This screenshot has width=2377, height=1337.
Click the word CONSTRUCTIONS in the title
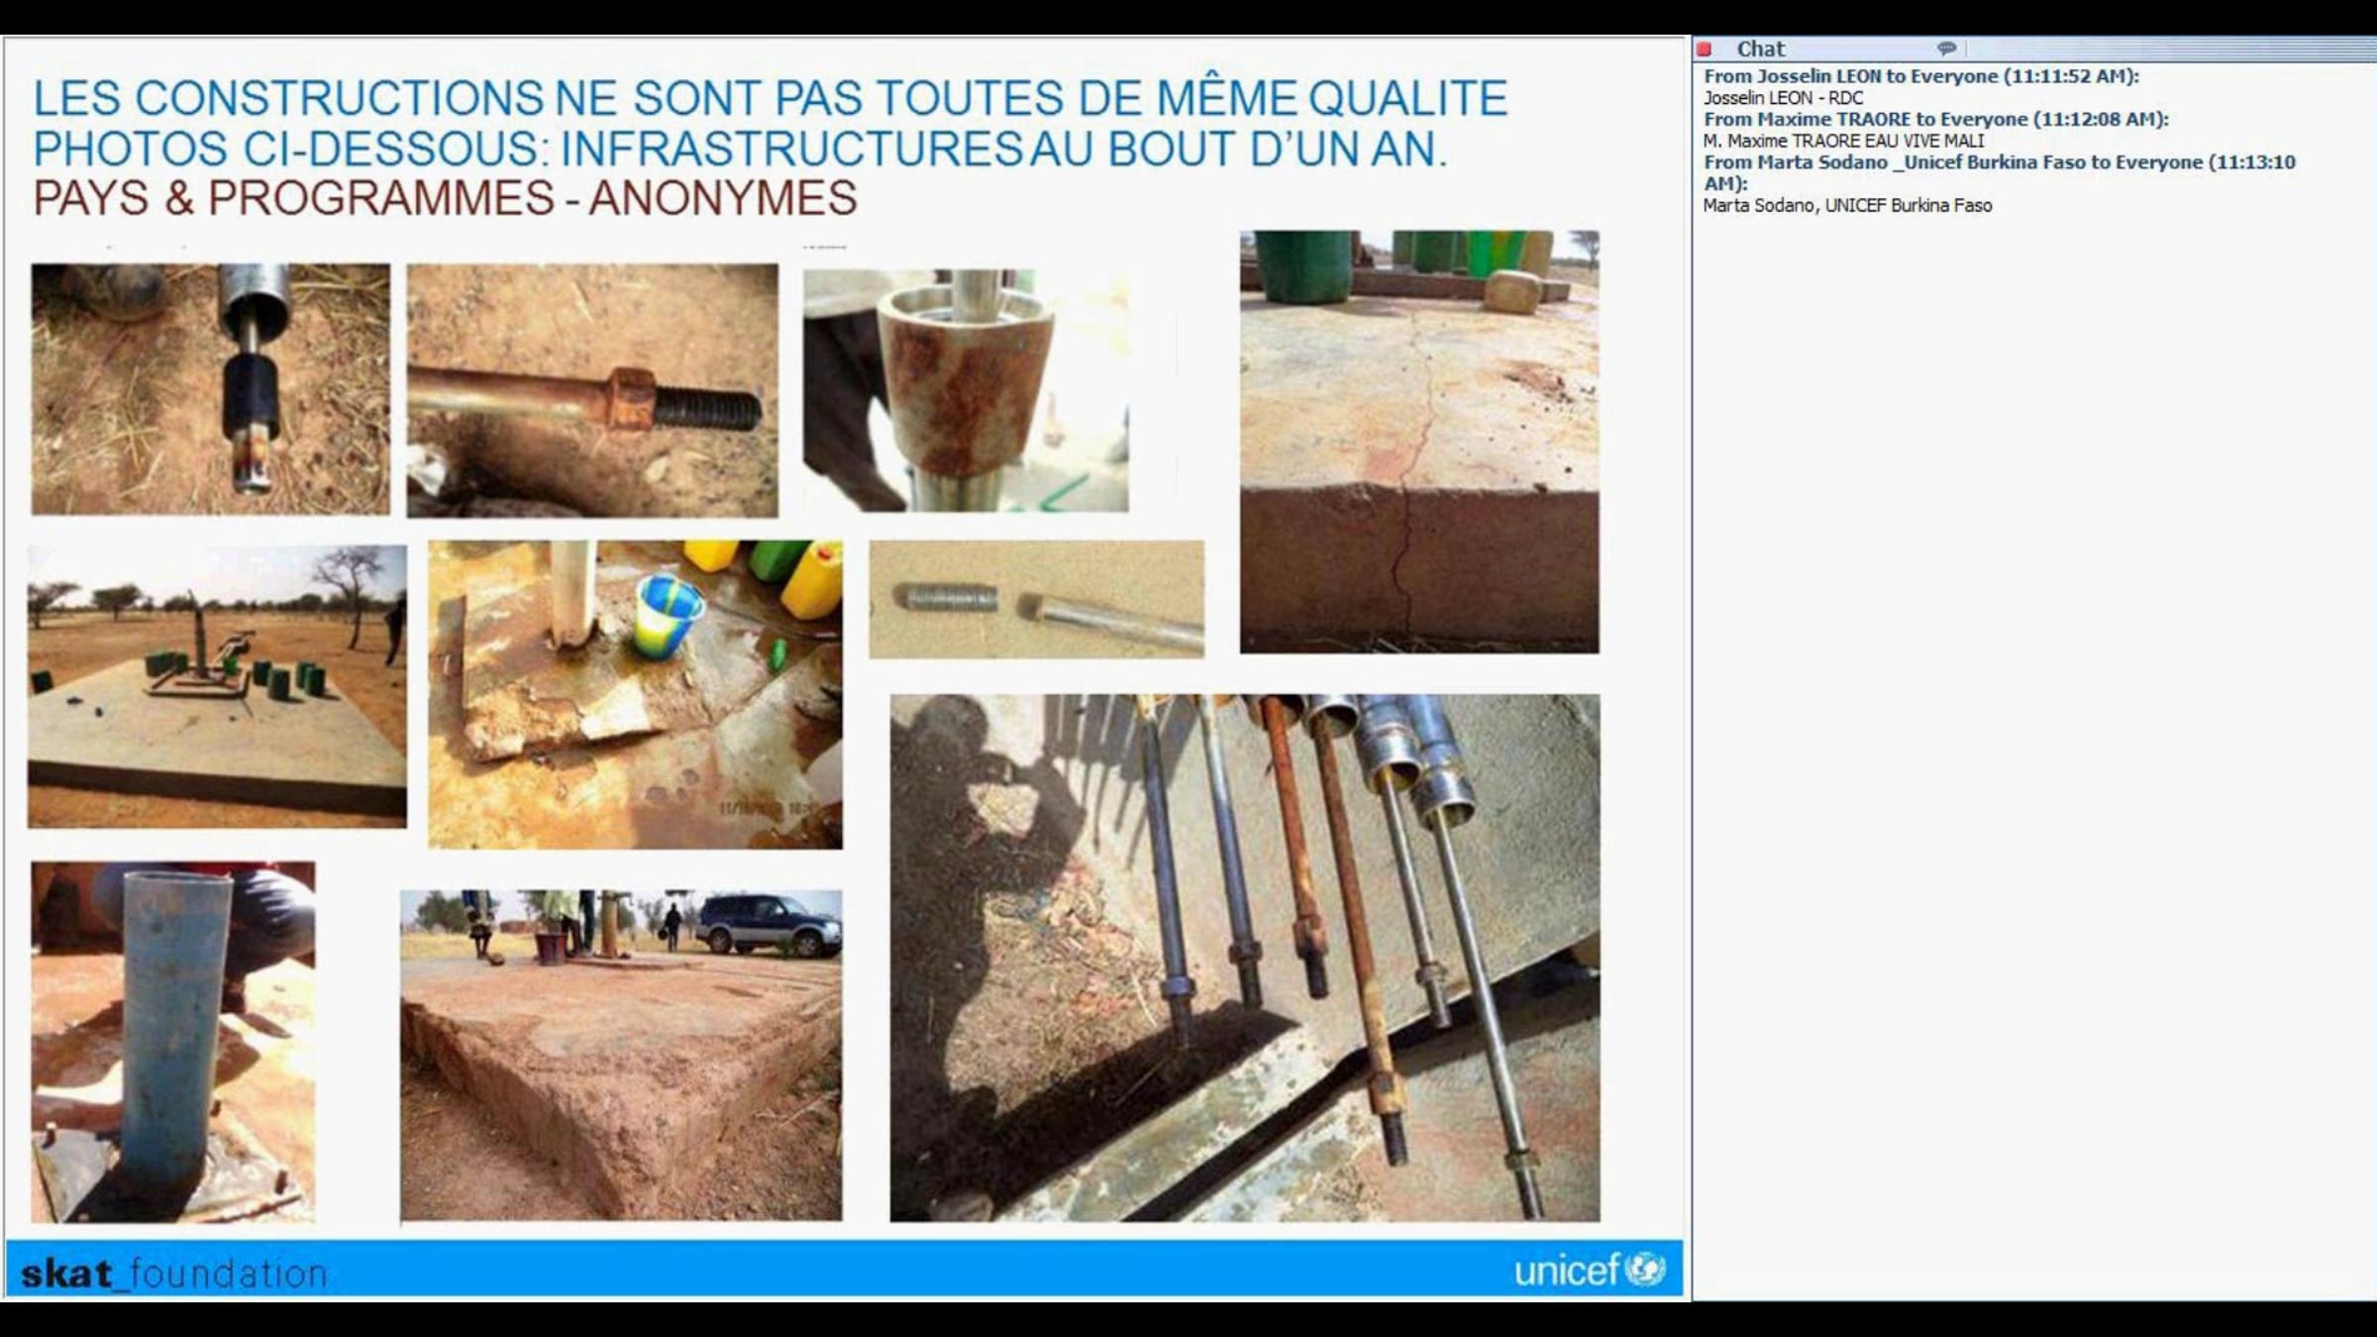coord(339,98)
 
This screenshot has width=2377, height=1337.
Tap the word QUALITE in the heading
coord(1407,98)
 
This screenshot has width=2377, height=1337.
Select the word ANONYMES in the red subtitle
coord(723,198)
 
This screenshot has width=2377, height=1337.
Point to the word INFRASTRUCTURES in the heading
coord(791,149)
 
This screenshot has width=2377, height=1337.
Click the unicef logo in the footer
coord(1590,1270)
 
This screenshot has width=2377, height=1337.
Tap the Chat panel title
coord(1760,49)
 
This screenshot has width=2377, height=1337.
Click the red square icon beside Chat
coord(1705,49)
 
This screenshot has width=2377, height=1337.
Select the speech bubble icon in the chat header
coord(1946,48)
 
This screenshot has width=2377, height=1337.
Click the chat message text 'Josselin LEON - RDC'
coord(1783,98)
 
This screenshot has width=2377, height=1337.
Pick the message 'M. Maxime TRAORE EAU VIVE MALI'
coord(1843,141)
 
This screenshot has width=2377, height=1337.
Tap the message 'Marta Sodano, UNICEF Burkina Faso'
coord(1847,205)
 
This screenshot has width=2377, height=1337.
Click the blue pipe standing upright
coord(175,1030)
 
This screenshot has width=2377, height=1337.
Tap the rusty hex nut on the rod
coord(630,398)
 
